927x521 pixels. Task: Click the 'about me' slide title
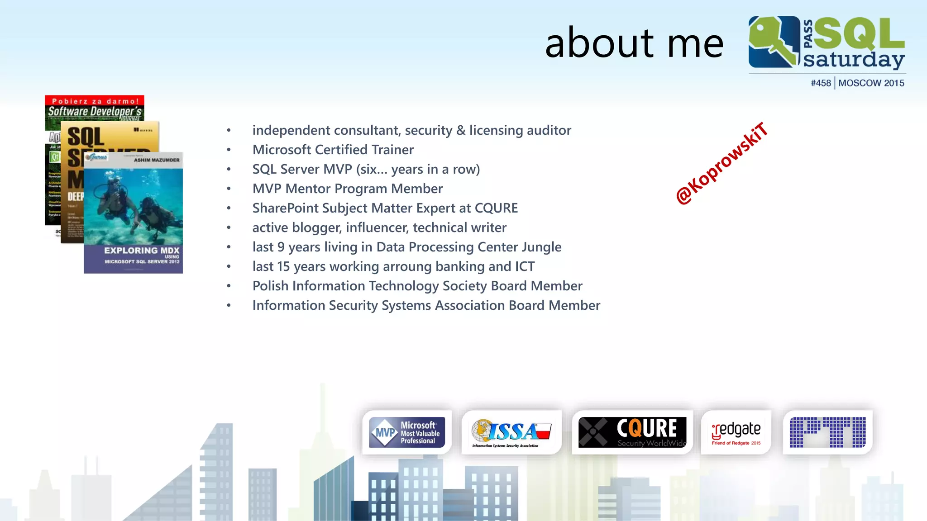tap(634, 43)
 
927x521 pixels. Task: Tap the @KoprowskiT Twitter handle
tap(722, 164)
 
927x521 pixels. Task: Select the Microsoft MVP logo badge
tap(406, 432)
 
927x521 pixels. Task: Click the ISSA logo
tap(511, 432)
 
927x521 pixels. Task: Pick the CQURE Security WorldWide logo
tap(632, 432)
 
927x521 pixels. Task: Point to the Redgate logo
tap(736, 432)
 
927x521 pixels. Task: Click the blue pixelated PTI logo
tap(827, 432)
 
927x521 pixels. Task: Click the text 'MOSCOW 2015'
tap(871, 83)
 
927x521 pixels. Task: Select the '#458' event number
tap(821, 83)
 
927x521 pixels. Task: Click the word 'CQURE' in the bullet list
tap(496, 208)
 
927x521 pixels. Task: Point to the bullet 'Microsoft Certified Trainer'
tap(333, 150)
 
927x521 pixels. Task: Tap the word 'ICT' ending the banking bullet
tap(525, 266)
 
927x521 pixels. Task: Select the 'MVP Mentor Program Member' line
tap(347, 189)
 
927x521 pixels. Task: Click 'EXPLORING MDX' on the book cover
tap(141, 250)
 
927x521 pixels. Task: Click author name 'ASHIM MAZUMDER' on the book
tap(156, 160)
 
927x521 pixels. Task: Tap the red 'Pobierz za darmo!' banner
tap(95, 101)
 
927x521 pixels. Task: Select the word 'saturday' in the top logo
tap(854, 60)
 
